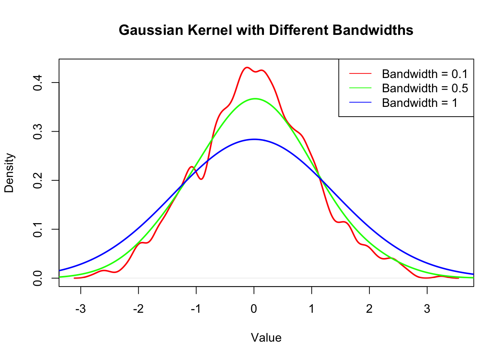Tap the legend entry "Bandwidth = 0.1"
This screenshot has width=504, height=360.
[x=425, y=74]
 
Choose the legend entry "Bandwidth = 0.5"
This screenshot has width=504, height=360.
[x=425, y=88]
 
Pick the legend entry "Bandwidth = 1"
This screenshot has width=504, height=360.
[x=420, y=103]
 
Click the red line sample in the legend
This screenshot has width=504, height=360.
[x=360, y=74]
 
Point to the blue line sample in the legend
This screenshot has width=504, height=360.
[x=360, y=103]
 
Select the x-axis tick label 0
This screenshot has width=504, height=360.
[x=254, y=309]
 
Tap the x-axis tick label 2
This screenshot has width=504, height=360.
[x=369, y=309]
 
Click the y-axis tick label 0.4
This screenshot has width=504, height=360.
[x=38, y=82]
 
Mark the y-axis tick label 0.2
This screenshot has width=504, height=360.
[x=38, y=180]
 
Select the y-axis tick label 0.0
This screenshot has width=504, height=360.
[x=38, y=278]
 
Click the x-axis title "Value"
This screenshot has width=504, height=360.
[x=266, y=338]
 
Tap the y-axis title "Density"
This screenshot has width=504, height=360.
[x=9, y=173]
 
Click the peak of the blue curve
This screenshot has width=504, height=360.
[x=254, y=139]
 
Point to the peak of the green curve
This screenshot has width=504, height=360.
[x=255, y=99]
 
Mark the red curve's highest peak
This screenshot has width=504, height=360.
[x=246, y=67]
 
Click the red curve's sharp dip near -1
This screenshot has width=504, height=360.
[x=201, y=179]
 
